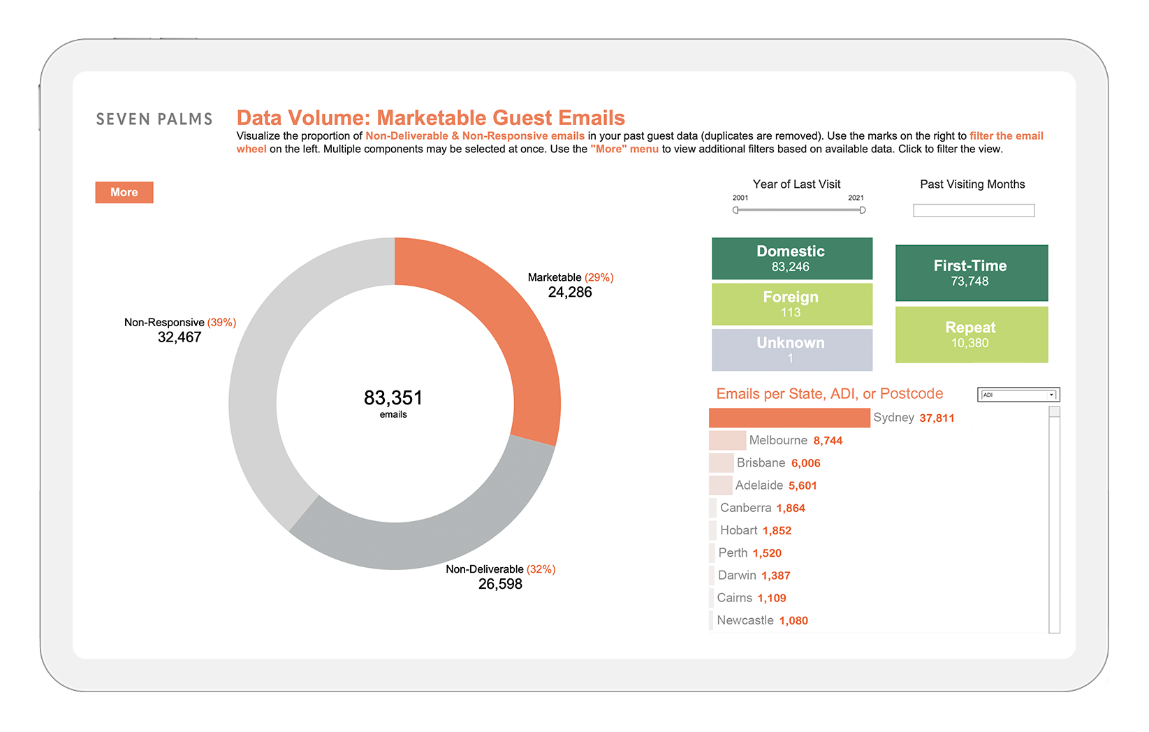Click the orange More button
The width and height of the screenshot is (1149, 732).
124,192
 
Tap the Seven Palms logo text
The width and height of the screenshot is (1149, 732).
154,119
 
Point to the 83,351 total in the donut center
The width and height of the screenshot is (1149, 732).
393,397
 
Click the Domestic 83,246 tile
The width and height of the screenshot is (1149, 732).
792,258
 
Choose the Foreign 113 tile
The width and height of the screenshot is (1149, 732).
792,305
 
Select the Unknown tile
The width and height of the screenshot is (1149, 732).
792,350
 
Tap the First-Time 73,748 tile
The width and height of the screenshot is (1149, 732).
972,273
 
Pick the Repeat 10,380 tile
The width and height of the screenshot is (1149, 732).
972,335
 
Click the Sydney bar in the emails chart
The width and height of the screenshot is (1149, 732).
789,418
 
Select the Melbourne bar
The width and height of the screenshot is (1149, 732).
727,440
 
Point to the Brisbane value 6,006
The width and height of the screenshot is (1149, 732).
806,463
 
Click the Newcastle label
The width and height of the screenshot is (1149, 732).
745,620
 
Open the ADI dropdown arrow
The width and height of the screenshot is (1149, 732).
1051,395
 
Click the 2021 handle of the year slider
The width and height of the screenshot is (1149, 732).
863,210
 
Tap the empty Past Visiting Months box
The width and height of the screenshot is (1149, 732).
974,210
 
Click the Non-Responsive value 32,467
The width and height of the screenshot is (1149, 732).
180,337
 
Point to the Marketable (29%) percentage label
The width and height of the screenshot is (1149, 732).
599,277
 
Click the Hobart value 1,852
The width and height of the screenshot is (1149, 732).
777,530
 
